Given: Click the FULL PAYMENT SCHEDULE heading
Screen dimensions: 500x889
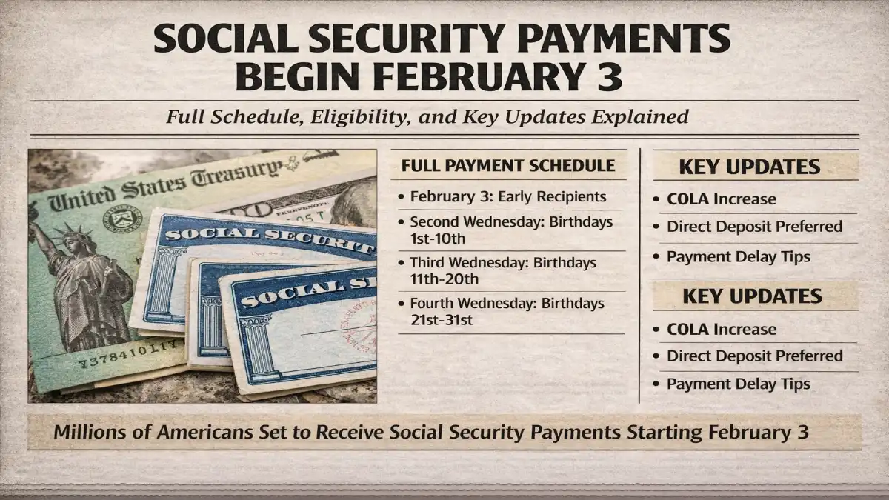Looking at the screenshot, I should pos(508,165).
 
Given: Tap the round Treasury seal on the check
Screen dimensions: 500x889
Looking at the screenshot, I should pos(124,221).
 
